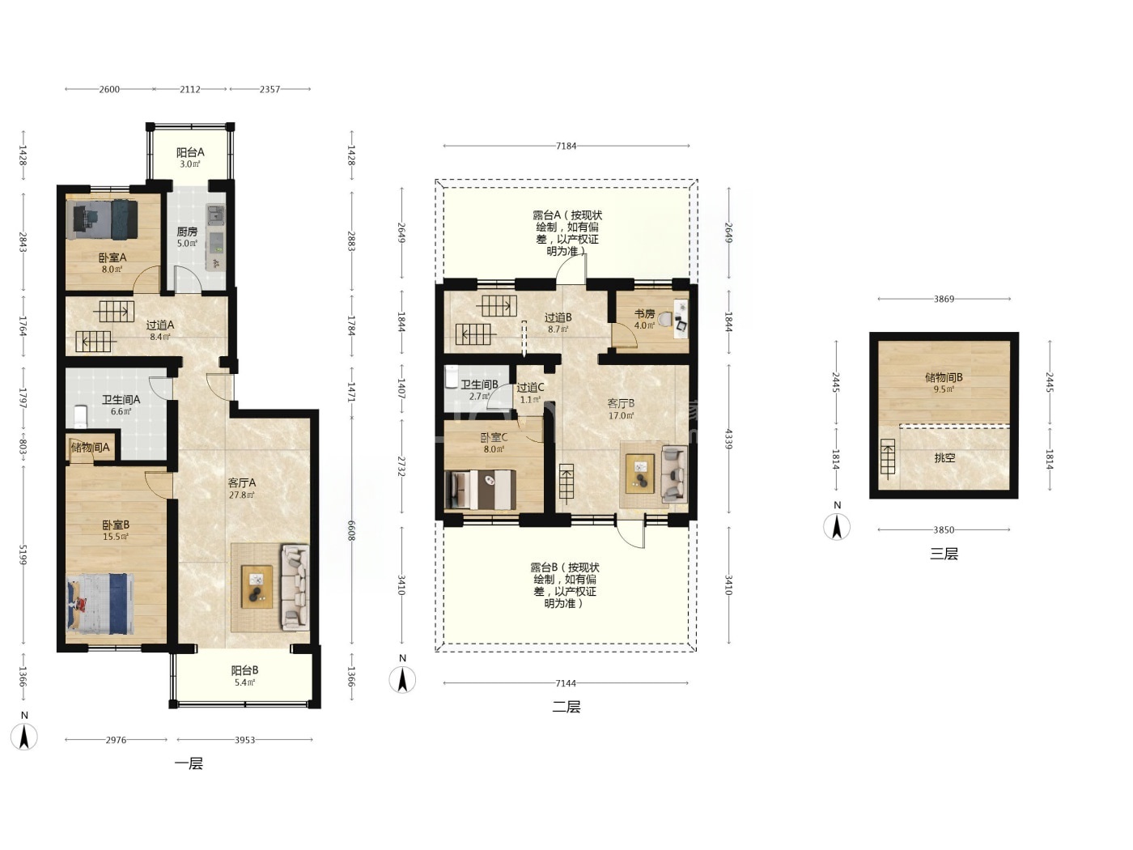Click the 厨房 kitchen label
point(188,232)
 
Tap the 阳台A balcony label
point(190,152)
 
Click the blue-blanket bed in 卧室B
point(100,603)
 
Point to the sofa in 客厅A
point(295,588)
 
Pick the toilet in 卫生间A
point(80,416)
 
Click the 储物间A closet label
point(91,448)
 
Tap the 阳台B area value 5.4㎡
point(244,682)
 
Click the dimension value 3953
point(244,740)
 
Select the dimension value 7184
point(566,146)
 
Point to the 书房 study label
point(644,314)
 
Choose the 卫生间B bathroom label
point(480,385)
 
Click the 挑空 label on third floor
point(944,457)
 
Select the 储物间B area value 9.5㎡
point(944,389)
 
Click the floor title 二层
point(566,707)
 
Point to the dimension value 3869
point(944,299)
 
